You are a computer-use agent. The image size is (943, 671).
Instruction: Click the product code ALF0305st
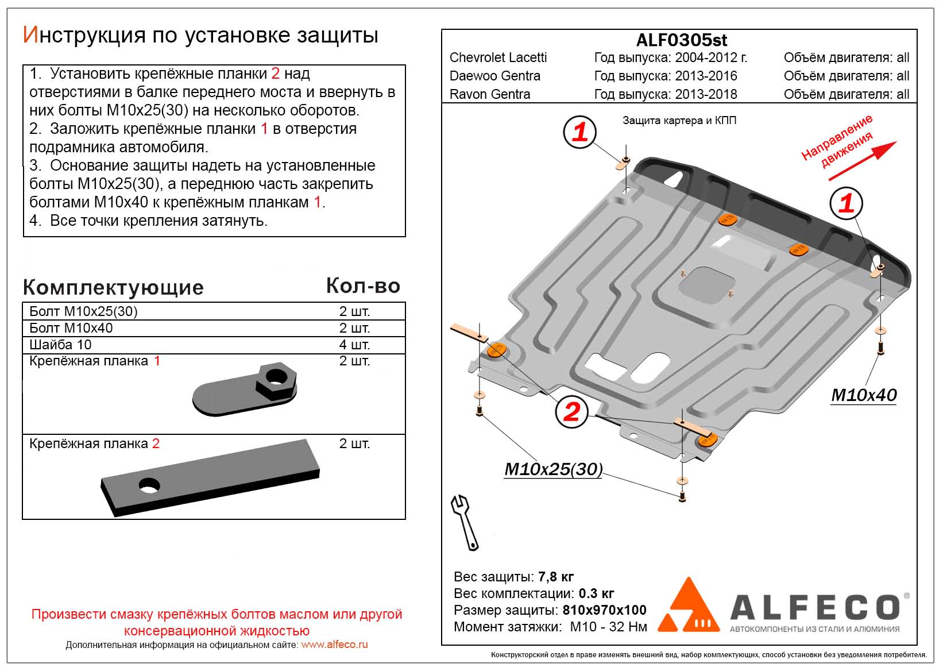click(681, 40)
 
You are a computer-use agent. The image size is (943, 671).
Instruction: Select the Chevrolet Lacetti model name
click(498, 57)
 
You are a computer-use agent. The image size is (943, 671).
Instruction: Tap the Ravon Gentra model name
click(489, 94)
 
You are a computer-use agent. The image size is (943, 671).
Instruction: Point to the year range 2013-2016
click(706, 76)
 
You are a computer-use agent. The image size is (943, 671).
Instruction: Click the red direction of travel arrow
click(862, 160)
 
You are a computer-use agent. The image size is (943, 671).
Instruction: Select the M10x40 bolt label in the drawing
click(864, 395)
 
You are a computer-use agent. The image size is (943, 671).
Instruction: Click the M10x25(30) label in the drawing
click(553, 469)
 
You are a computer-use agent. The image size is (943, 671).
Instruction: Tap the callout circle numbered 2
click(571, 412)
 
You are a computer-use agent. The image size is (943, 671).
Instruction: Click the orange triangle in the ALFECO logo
click(689, 607)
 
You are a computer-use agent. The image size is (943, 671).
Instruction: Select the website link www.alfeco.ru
click(334, 645)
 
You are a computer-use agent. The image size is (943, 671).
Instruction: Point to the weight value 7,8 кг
click(555, 577)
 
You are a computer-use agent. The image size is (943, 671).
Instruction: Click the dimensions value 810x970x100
click(604, 610)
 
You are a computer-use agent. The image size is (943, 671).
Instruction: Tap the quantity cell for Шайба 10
click(354, 345)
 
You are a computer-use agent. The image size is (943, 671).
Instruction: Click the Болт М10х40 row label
click(71, 328)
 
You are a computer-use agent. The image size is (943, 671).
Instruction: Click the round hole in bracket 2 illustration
click(149, 485)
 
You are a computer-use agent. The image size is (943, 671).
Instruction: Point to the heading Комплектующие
click(113, 287)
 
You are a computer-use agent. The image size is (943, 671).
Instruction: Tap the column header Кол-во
click(363, 286)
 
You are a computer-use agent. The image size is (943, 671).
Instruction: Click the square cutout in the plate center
click(706, 286)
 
